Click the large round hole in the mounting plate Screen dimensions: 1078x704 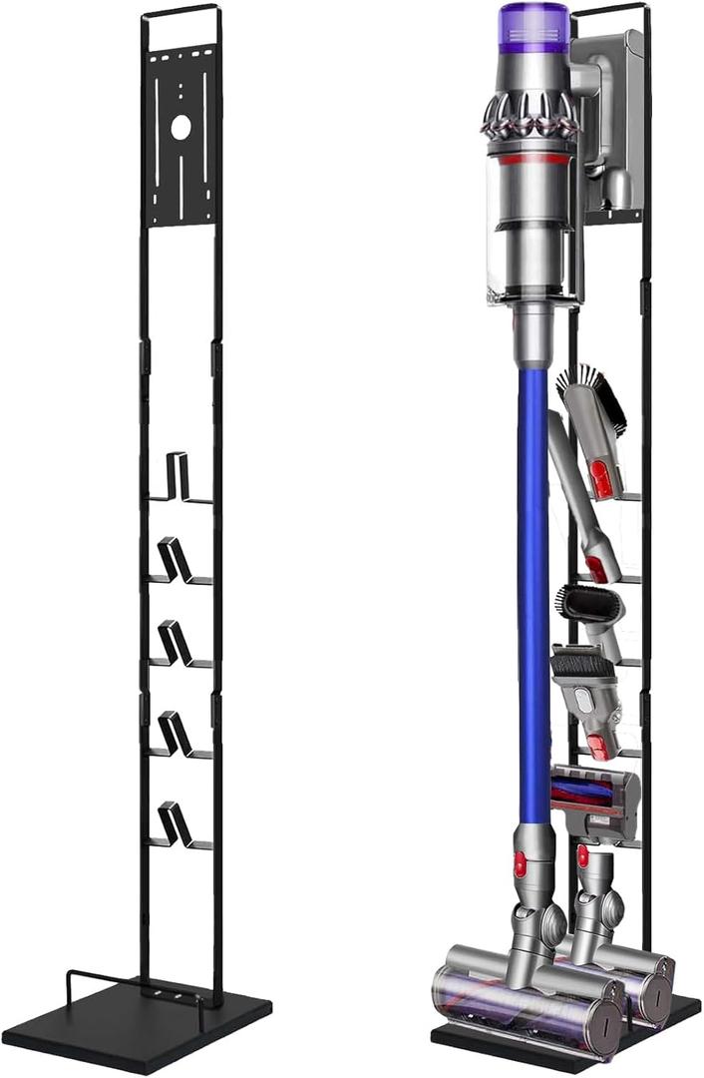[180, 127]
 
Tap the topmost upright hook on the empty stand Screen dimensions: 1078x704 [176, 474]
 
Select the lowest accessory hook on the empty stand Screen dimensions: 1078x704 [176, 821]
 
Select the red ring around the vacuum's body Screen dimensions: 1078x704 [536, 159]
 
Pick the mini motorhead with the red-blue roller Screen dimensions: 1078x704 [595, 794]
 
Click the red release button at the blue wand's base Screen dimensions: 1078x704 [521, 864]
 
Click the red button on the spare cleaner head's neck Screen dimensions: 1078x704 [582, 855]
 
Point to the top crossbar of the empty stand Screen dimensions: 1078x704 [180, 11]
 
